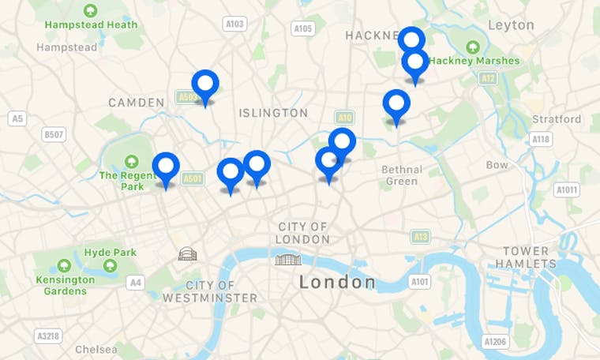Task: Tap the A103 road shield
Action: click(x=234, y=24)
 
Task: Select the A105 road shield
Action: click(x=303, y=28)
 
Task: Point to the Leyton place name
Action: click(x=511, y=24)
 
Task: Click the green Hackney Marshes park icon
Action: click(x=473, y=47)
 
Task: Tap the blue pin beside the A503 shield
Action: click(x=205, y=85)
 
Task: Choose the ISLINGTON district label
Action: click(x=273, y=113)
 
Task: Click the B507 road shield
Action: click(x=54, y=135)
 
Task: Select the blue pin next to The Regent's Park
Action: click(x=166, y=168)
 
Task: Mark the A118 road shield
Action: click(x=541, y=140)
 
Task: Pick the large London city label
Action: click(x=337, y=282)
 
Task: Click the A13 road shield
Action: click(x=421, y=236)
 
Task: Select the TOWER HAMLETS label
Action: click(x=526, y=257)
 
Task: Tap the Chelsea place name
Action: click(x=96, y=349)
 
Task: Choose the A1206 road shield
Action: click(x=494, y=341)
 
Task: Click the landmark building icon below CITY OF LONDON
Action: click(x=287, y=259)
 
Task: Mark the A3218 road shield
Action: click(x=48, y=336)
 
